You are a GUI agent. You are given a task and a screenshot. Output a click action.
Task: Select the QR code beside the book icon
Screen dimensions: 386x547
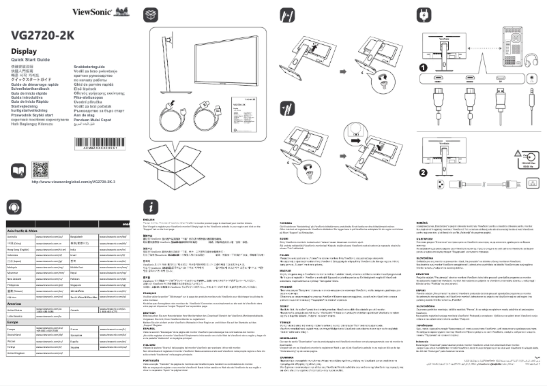41,170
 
